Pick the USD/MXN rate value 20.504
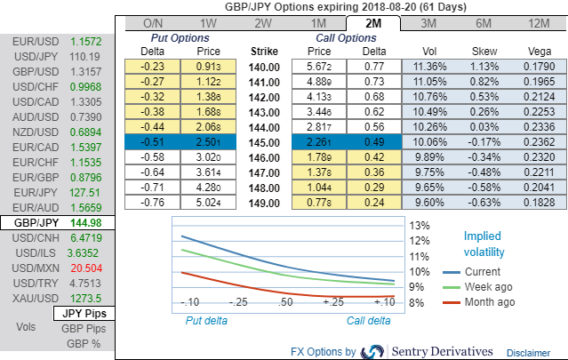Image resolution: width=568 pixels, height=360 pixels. pos(87,268)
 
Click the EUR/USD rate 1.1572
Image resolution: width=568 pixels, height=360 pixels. pos(87,42)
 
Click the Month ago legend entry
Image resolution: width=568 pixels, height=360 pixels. pos(491,302)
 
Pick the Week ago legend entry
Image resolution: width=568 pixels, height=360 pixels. pos(489,287)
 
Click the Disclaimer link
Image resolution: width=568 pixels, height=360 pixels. pos(529,352)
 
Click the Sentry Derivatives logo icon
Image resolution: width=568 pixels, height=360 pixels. pos(373,351)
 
